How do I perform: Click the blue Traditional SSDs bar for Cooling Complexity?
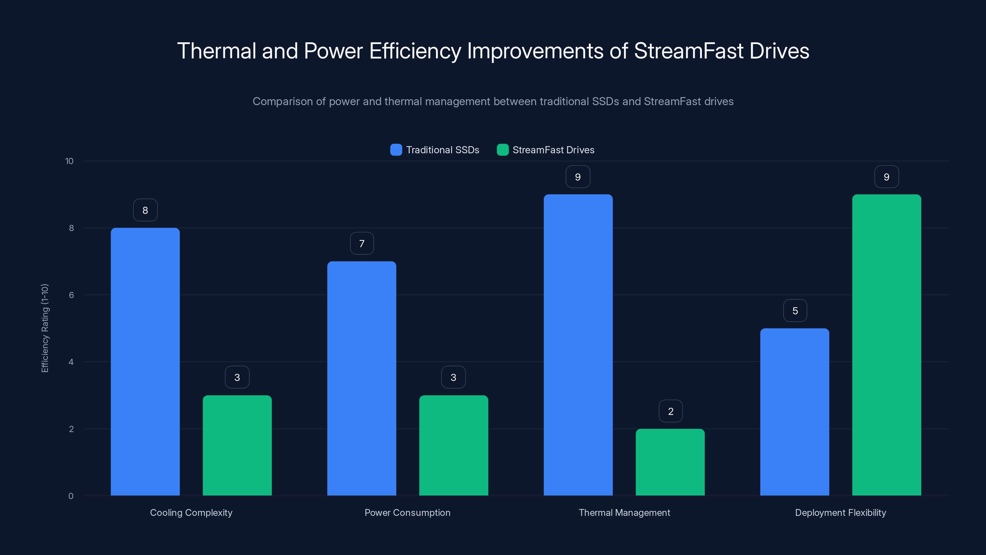[x=145, y=362]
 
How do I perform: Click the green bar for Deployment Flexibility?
[x=886, y=345]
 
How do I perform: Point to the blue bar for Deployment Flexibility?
[x=795, y=412]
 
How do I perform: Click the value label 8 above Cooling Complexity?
[x=145, y=210]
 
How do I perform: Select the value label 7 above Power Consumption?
[x=362, y=243]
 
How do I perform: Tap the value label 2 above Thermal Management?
[x=670, y=411]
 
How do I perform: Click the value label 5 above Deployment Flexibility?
[x=795, y=310]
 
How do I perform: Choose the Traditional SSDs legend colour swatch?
[x=396, y=150]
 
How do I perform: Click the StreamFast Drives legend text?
[x=553, y=150]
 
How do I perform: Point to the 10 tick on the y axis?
[x=69, y=161]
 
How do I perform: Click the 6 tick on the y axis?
[x=71, y=295]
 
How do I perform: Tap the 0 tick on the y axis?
[x=71, y=496]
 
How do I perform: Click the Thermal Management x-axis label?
[x=624, y=512]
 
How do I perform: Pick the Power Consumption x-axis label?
[x=407, y=512]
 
